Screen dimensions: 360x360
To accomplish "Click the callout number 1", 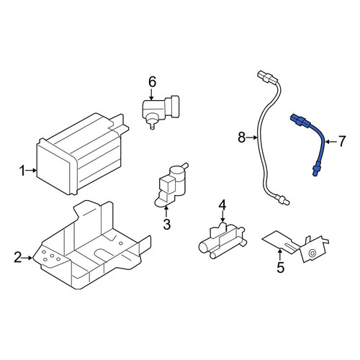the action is coord(22,171).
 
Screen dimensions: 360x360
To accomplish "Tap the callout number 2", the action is coord(18,257).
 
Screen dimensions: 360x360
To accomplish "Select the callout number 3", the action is coord(166,225).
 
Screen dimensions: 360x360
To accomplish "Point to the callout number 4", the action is coord(222,205).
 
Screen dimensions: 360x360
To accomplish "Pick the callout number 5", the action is coord(280,267).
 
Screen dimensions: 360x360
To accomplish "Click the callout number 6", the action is coord(152,82).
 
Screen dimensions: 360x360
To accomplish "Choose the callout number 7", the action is coord(341,141).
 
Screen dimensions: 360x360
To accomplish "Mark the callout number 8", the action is coord(242,138).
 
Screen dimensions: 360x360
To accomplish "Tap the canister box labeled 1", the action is coord(81,155).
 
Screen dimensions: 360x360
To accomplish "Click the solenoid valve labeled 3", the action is coord(171,185).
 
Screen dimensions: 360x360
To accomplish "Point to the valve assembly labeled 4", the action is coord(222,241).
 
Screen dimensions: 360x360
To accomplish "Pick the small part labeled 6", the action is coord(161,111).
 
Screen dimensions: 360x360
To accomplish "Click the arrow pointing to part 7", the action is coord(331,142).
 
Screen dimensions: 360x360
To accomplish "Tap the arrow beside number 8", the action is coord(251,138).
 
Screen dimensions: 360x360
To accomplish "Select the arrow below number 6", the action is coord(151,94).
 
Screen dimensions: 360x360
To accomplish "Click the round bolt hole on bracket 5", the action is coord(312,253).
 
